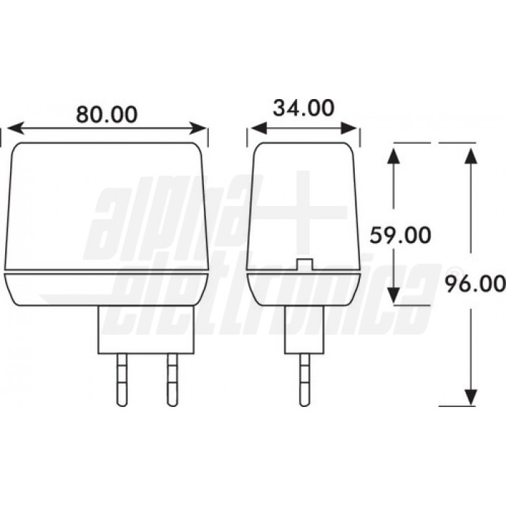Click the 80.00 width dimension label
click(107, 114)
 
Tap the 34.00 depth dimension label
click(304, 108)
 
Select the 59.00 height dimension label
click(400, 235)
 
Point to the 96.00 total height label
click(475, 284)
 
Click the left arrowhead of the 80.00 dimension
click(15, 128)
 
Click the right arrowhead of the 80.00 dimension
click(197, 128)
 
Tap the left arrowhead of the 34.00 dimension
click(259, 128)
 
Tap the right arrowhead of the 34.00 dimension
click(349, 128)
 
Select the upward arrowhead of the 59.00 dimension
click(393, 156)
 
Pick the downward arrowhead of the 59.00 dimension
click(393, 295)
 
